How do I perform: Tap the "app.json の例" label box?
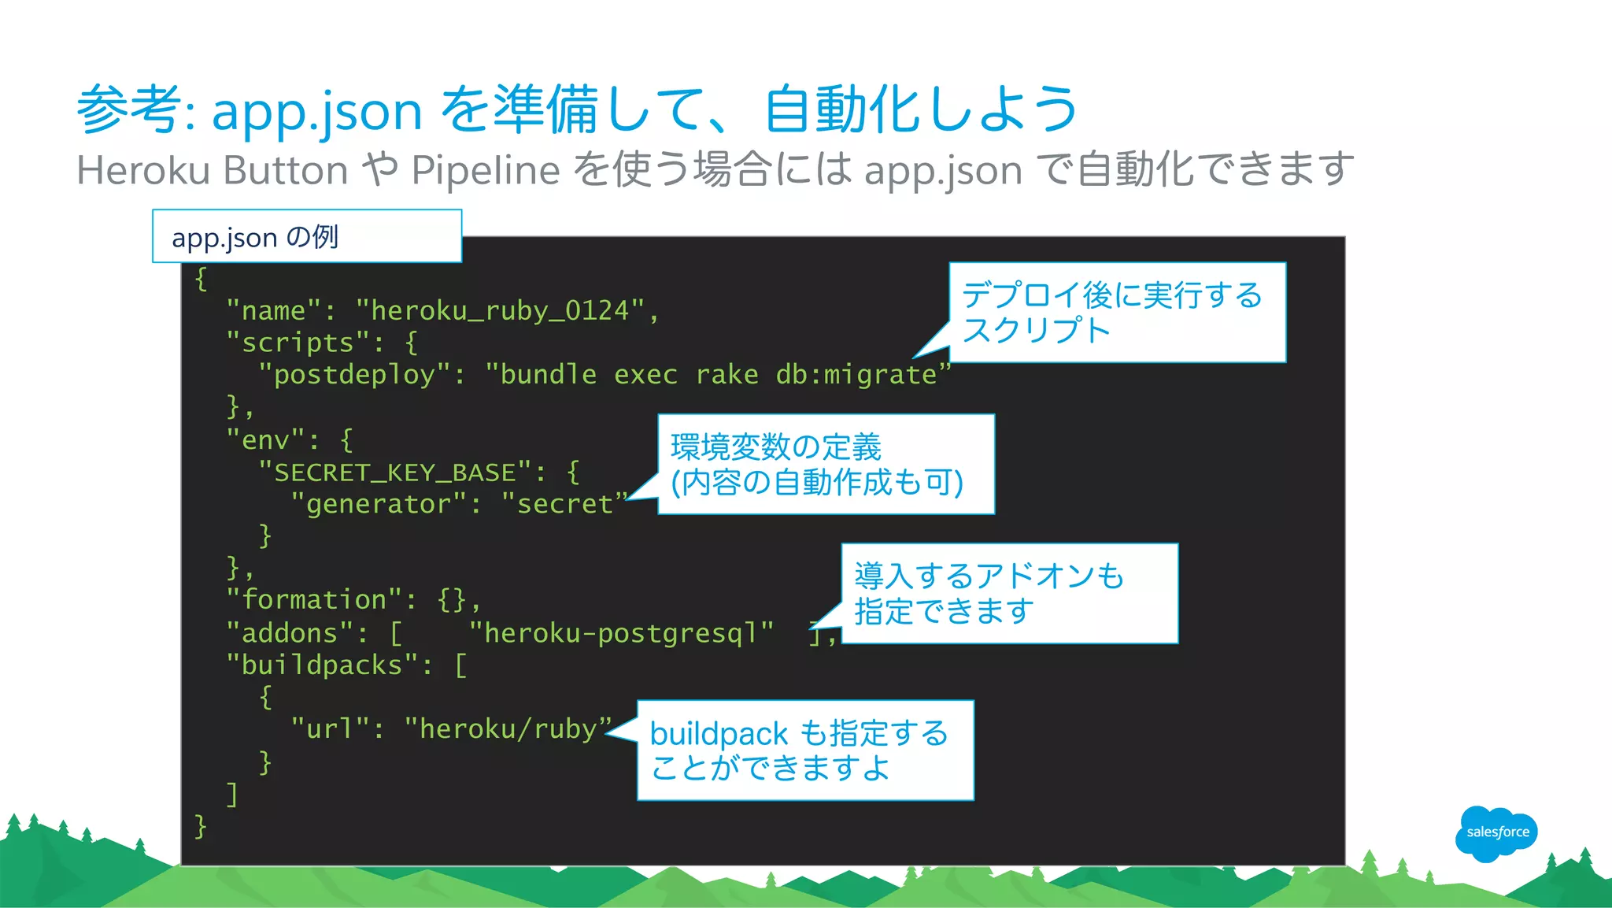click(x=306, y=236)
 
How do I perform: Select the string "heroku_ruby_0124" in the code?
click(x=500, y=311)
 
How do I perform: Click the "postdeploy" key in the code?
click(x=354, y=375)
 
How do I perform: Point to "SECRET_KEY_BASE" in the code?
click(x=395, y=473)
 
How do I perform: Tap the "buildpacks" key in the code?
click(x=322, y=665)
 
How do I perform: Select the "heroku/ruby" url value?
click(x=508, y=729)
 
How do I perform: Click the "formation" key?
click(x=313, y=600)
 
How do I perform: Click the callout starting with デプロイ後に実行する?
click(x=1117, y=313)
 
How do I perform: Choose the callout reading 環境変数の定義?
click(x=826, y=465)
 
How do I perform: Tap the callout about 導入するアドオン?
click(x=1009, y=594)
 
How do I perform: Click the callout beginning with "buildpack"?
click(x=805, y=750)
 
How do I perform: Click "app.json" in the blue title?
click(x=317, y=110)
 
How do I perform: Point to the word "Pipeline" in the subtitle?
click(x=486, y=170)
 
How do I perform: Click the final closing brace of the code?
click(x=201, y=826)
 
